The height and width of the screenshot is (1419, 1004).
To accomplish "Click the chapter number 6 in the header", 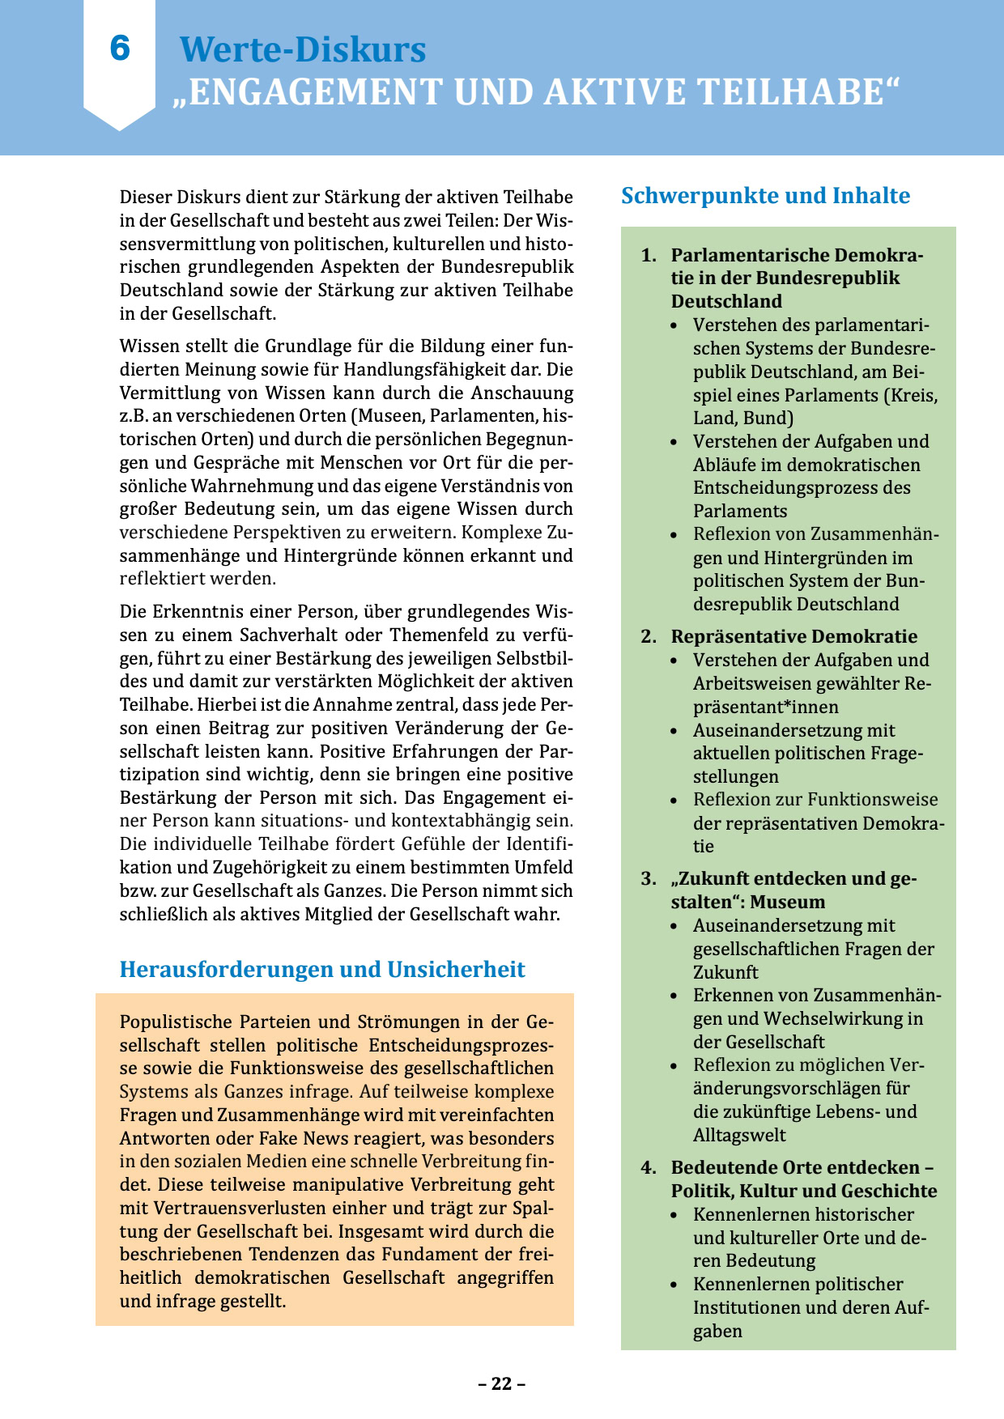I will point(120,49).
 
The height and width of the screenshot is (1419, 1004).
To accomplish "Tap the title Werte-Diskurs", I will point(302,49).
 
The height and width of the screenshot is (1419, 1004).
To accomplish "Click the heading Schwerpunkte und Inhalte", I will point(765,196).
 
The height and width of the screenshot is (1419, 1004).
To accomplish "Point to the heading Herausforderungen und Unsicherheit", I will point(322,970).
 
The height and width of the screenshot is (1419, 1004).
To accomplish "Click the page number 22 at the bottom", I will point(502,1383).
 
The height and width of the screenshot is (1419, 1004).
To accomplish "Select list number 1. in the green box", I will point(649,256).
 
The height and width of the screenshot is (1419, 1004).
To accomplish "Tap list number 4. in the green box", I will point(649,1168).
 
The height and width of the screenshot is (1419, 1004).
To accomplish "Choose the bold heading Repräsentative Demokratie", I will point(794,637).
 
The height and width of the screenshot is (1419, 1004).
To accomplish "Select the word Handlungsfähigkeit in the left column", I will point(449,370).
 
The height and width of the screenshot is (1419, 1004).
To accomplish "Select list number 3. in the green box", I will point(649,879).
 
